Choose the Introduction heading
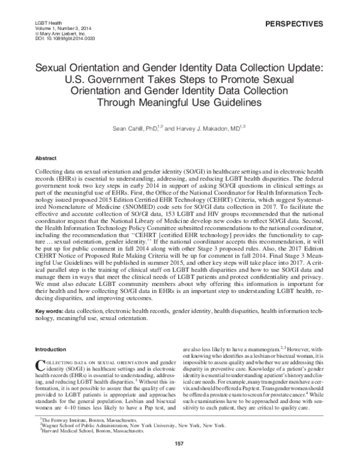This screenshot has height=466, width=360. (x=51, y=349)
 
